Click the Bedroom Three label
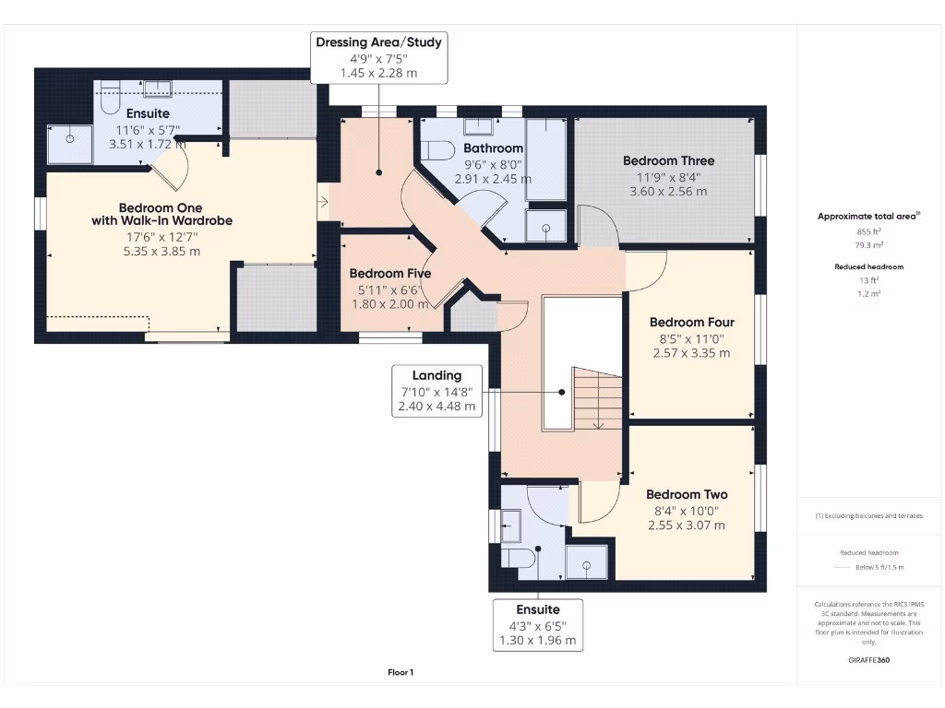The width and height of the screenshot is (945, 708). coord(668,160)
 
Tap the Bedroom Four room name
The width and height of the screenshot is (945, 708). coord(692,322)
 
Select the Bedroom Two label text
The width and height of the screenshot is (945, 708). coord(687,494)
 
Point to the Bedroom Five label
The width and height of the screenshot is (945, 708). coord(390,273)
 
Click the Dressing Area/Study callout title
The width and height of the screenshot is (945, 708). coord(378,42)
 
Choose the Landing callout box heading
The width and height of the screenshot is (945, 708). coord(437,376)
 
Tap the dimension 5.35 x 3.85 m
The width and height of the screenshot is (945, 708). coord(161,252)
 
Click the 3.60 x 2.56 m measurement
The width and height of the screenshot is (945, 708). coord(668,192)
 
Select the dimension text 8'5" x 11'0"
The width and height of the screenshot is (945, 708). coord(691,339)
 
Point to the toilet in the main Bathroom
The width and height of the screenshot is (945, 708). coord(437,150)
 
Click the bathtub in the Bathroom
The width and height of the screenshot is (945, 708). coord(545,159)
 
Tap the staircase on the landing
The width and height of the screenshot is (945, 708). coord(596,398)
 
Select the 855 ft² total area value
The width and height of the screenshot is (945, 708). coord(868,231)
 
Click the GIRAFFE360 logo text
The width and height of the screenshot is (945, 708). coord(868,660)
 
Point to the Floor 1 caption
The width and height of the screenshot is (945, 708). coord(401,672)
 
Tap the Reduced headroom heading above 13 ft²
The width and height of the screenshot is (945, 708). coord(868,266)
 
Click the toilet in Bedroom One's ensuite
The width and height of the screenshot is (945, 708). coord(111,98)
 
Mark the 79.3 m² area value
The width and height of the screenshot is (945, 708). coord(868,245)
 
